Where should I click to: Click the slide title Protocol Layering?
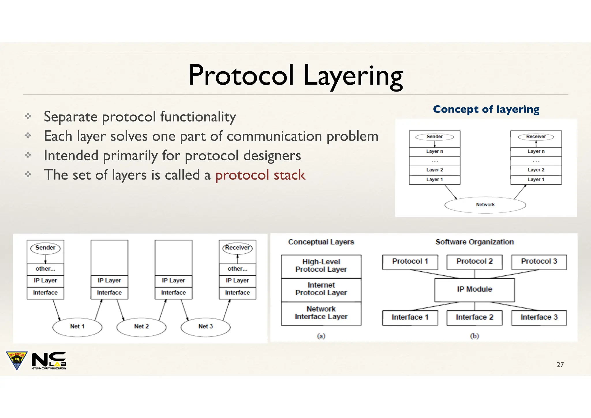tap(295, 76)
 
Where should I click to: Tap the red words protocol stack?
tap(260, 175)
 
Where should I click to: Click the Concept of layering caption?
tap(486, 109)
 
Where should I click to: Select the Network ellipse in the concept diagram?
tap(485, 205)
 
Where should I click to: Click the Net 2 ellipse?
tap(141, 326)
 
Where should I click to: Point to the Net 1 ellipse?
tap(77, 326)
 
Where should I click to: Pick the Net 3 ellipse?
tap(205, 326)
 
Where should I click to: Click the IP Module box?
tap(474, 290)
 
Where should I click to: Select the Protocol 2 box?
tap(474, 262)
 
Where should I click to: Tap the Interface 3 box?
tap(539, 318)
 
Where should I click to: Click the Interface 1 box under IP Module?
tap(410, 318)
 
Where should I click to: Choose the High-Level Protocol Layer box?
tap(321, 266)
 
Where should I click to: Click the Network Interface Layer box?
tap(321, 313)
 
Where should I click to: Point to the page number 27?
tap(560, 365)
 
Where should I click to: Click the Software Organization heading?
tap(474, 242)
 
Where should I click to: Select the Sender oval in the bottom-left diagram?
tap(45, 248)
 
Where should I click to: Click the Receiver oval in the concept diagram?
tap(536, 137)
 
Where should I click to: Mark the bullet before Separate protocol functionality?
tap(28, 116)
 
